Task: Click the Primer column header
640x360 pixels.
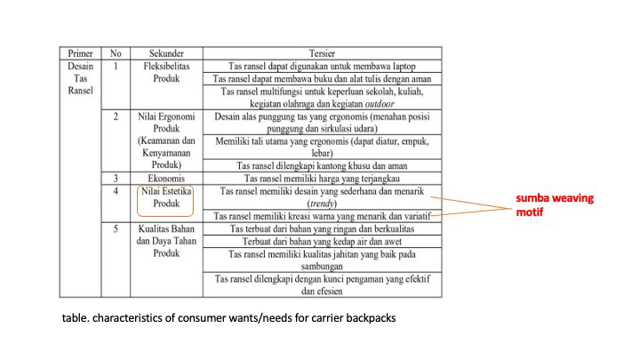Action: (81, 52)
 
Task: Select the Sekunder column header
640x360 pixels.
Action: (166, 52)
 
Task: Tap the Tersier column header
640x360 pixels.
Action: (321, 52)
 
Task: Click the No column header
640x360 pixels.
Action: (116, 52)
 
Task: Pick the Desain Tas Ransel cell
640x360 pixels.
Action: (81, 78)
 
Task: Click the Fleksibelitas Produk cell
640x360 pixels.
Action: (166, 72)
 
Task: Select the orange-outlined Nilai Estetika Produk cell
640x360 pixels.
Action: (166, 197)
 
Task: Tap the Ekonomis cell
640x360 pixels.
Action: (166, 178)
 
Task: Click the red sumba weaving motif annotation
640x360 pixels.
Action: (555, 204)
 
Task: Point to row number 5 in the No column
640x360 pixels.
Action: (116, 228)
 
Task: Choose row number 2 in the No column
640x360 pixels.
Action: (116, 116)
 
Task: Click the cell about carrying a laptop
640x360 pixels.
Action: (321, 66)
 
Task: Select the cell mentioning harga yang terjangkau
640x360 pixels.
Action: (321, 178)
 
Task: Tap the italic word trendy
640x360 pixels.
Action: (321, 203)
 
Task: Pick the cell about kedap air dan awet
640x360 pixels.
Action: (321, 241)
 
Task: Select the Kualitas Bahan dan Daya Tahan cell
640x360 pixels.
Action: (166, 241)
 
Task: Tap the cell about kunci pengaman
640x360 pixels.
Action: (321, 284)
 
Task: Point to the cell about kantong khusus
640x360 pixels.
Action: (321, 165)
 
